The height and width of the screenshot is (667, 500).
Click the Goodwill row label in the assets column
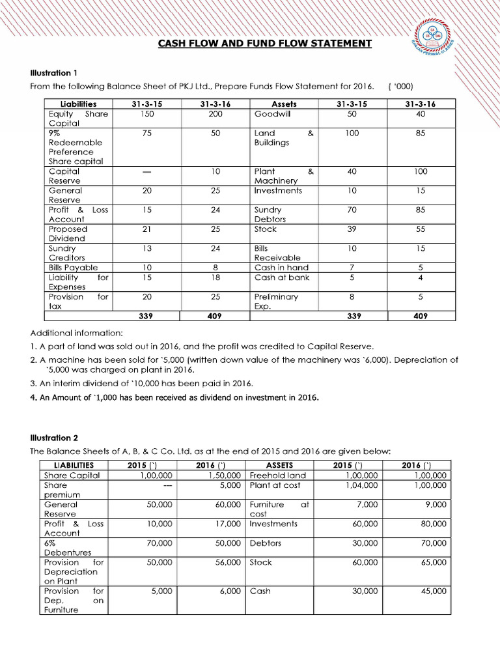tap(272, 113)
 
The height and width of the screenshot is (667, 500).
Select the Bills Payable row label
tap(73, 268)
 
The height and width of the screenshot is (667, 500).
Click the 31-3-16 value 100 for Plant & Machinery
tap(420, 171)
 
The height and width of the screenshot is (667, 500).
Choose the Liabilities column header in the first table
tap(78, 104)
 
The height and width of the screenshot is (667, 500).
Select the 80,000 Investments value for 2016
tap(433, 524)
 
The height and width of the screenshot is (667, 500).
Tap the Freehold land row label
tap(278, 475)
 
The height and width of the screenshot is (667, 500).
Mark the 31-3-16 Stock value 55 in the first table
tap(420, 229)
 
